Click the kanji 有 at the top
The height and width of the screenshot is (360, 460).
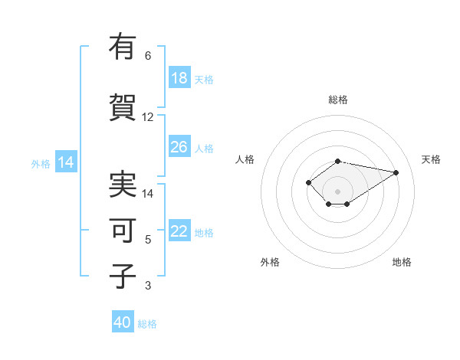(x=123, y=47)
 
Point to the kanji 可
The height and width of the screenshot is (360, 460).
(x=123, y=231)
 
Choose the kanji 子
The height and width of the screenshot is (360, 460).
(x=123, y=277)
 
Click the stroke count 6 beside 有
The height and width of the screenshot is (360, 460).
(x=148, y=56)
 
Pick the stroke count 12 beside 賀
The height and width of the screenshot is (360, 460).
(x=148, y=117)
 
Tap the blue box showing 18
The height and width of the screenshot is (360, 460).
(x=179, y=78)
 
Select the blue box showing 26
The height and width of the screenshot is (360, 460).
(x=179, y=147)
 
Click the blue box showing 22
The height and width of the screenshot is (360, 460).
(x=179, y=232)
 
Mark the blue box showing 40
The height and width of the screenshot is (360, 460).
(x=123, y=322)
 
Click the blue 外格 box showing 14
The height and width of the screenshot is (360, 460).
(x=66, y=162)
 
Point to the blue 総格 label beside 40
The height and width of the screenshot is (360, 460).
(x=147, y=324)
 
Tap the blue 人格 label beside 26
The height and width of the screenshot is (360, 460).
(x=204, y=149)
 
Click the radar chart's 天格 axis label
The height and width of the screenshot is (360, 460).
(x=431, y=159)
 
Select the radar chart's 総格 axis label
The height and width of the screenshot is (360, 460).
(x=338, y=100)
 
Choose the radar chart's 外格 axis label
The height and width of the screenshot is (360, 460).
(x=270, y=262)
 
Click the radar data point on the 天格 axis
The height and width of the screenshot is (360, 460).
(x=396, y=172)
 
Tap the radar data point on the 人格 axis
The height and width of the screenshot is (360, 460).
(x=308, y=182)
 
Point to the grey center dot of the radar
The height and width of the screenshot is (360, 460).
(x=338, y=191)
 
